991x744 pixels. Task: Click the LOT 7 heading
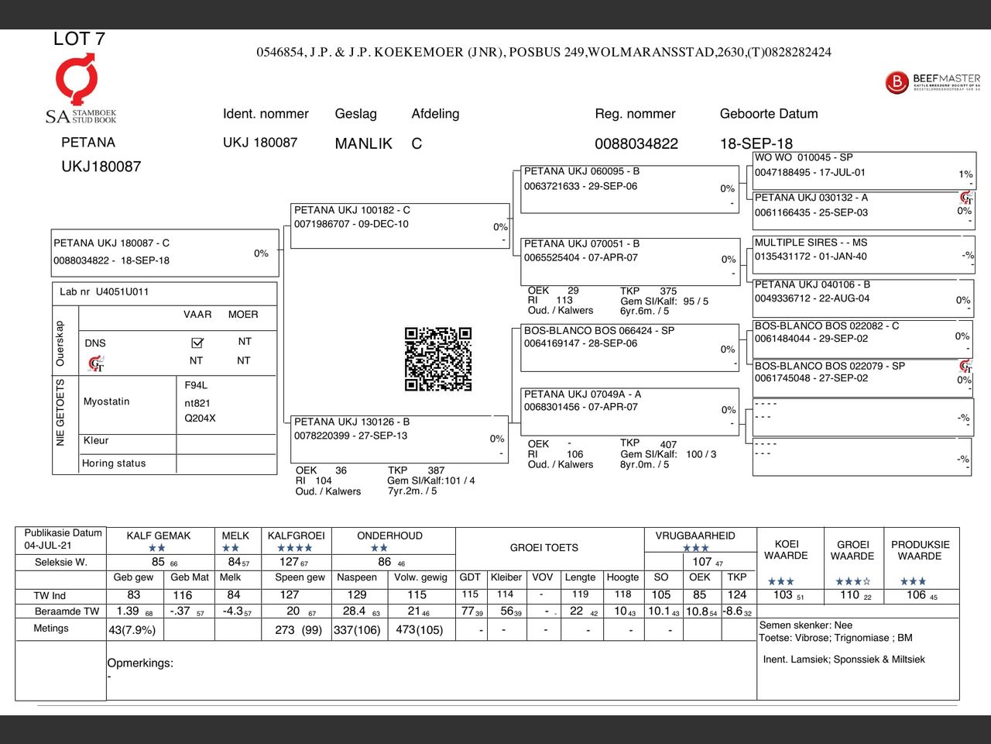(x=79, y=39)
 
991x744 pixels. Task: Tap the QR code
(x=438, y=359)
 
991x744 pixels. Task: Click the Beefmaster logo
(x=933, y=82)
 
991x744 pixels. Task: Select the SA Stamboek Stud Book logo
(x=80, y=89)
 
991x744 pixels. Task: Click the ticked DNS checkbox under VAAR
(x=197, y=343)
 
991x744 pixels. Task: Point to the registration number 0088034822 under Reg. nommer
(x=636, y=143)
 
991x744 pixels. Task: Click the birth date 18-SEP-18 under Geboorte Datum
(x=756, y=143)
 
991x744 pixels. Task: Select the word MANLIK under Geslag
(x=363, y=143)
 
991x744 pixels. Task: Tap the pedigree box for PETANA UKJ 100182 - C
(x=400, y=226)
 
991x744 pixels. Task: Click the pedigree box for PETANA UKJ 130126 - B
(x=399, y=439)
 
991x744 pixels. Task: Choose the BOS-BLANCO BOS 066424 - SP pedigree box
(x=629, y=346)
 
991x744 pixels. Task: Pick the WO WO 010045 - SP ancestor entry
(x=862, y=170)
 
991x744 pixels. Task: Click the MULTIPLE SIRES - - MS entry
(x=862, y=255)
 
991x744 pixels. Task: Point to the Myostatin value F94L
(x=196, y=385)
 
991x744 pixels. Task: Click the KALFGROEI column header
(x=296, y=536)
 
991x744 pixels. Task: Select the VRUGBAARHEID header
(x=695, y=536)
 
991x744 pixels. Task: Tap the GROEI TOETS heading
(x=544, y=547)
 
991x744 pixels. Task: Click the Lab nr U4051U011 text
(x=105, y=291)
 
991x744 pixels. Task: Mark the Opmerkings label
(x=140, y=663)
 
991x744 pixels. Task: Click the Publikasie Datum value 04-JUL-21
(x=47, y=546)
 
